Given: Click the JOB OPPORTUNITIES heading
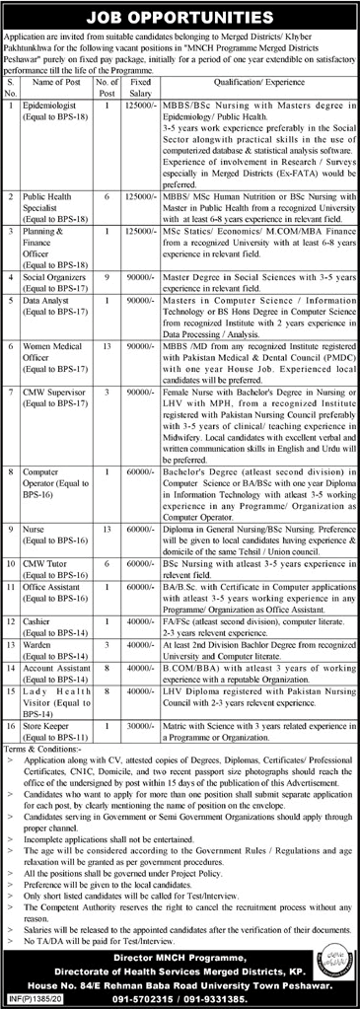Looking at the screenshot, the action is tap(180, 16).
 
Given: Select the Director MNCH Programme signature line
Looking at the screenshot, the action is tap(180, 953).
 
